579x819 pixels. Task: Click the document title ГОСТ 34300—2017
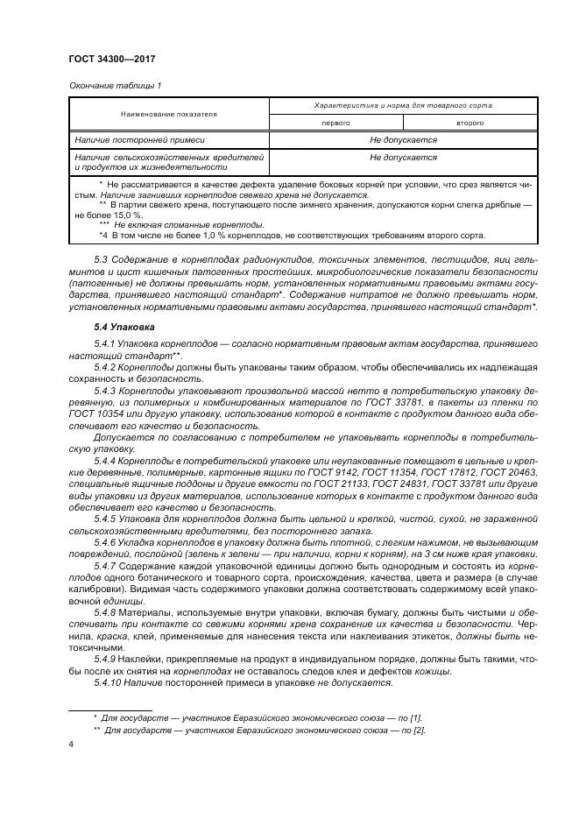(x=112, y=59)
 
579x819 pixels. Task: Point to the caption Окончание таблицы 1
(x=115, y=86)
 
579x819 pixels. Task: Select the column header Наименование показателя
(x=169, y=114)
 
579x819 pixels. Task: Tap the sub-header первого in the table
(x=336, y=124)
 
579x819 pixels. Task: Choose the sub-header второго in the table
(x=470, y=124)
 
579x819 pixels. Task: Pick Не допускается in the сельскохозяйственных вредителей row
(x=403, y=158)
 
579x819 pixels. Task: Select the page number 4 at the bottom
(x=71, y=745)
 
